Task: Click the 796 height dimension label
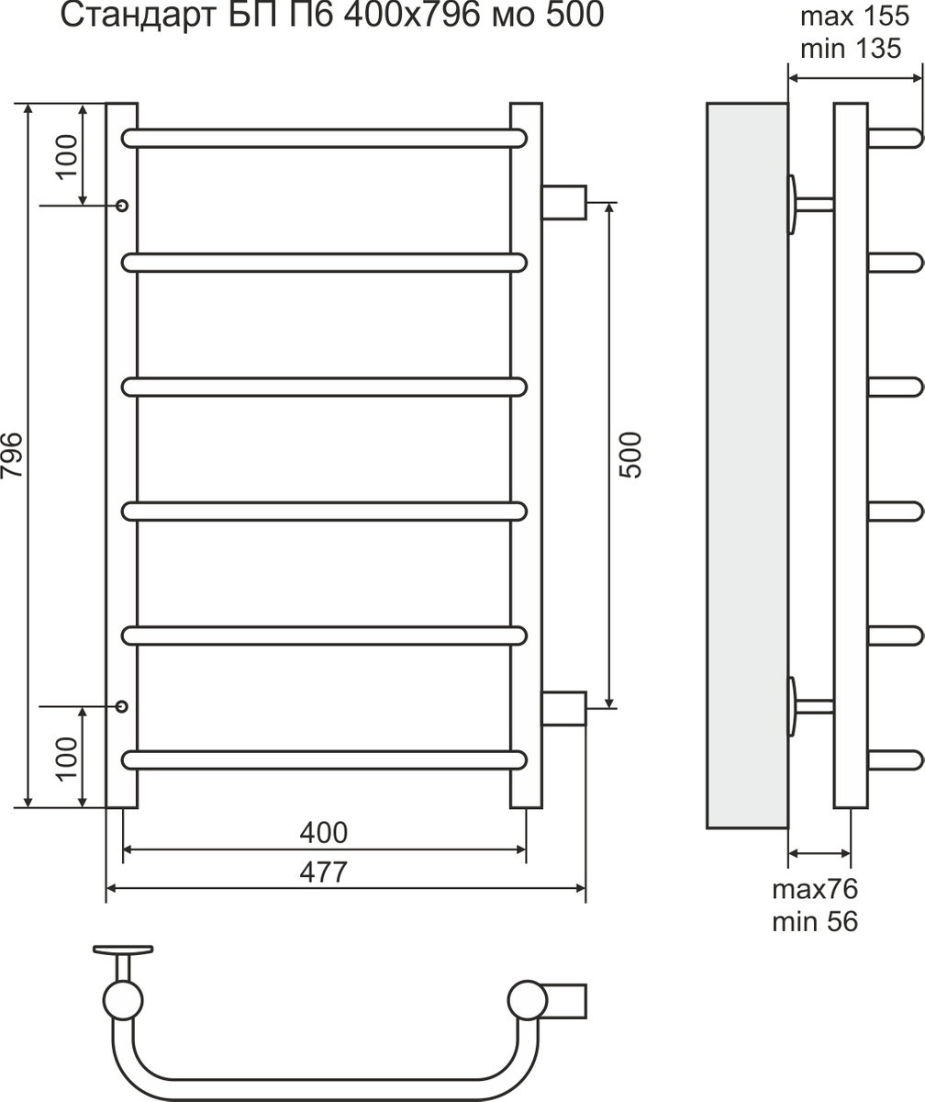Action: [12, 455]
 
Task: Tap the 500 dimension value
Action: [630, 455]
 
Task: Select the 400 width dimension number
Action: [323, 833]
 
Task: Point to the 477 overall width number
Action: [323, 872]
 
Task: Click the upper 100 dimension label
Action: [67, 157]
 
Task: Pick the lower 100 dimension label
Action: [67, 759]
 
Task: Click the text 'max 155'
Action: [855, 17]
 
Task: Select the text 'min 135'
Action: [851, 49]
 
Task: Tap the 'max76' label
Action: [815, 889]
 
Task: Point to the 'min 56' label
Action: [815, 922]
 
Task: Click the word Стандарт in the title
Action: [139, 16]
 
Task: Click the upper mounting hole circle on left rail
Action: [122, 206]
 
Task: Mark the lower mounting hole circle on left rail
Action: [122, 706]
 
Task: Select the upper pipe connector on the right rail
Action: [563, 202]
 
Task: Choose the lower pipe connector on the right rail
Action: [563, 709]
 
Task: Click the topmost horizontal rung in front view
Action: [324, 139]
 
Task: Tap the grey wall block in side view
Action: [747, 466]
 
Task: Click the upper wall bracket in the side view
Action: [809, 204]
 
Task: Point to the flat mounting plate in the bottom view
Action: [123, 950]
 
